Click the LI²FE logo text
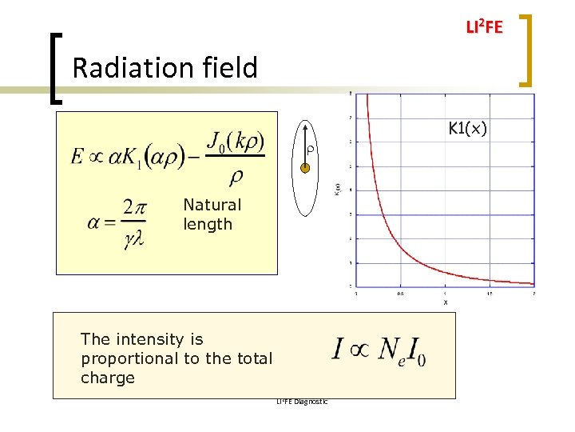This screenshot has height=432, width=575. click(x=484, y=28)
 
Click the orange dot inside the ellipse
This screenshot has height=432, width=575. click(x=304, y=168)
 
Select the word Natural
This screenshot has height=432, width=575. click(x=212, y=205)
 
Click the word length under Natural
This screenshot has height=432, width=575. click(x=208, y=225)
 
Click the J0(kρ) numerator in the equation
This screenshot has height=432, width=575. click(x=236, y=142)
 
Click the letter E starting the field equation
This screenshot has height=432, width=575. click(x=77, y=156)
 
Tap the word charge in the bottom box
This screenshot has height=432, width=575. click(x=108, y=378)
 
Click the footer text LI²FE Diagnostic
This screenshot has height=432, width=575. click(x=301, y=402)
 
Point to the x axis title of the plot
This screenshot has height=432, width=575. click(x=445, y=302)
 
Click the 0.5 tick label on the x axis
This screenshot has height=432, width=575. click(x=400, y=293)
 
